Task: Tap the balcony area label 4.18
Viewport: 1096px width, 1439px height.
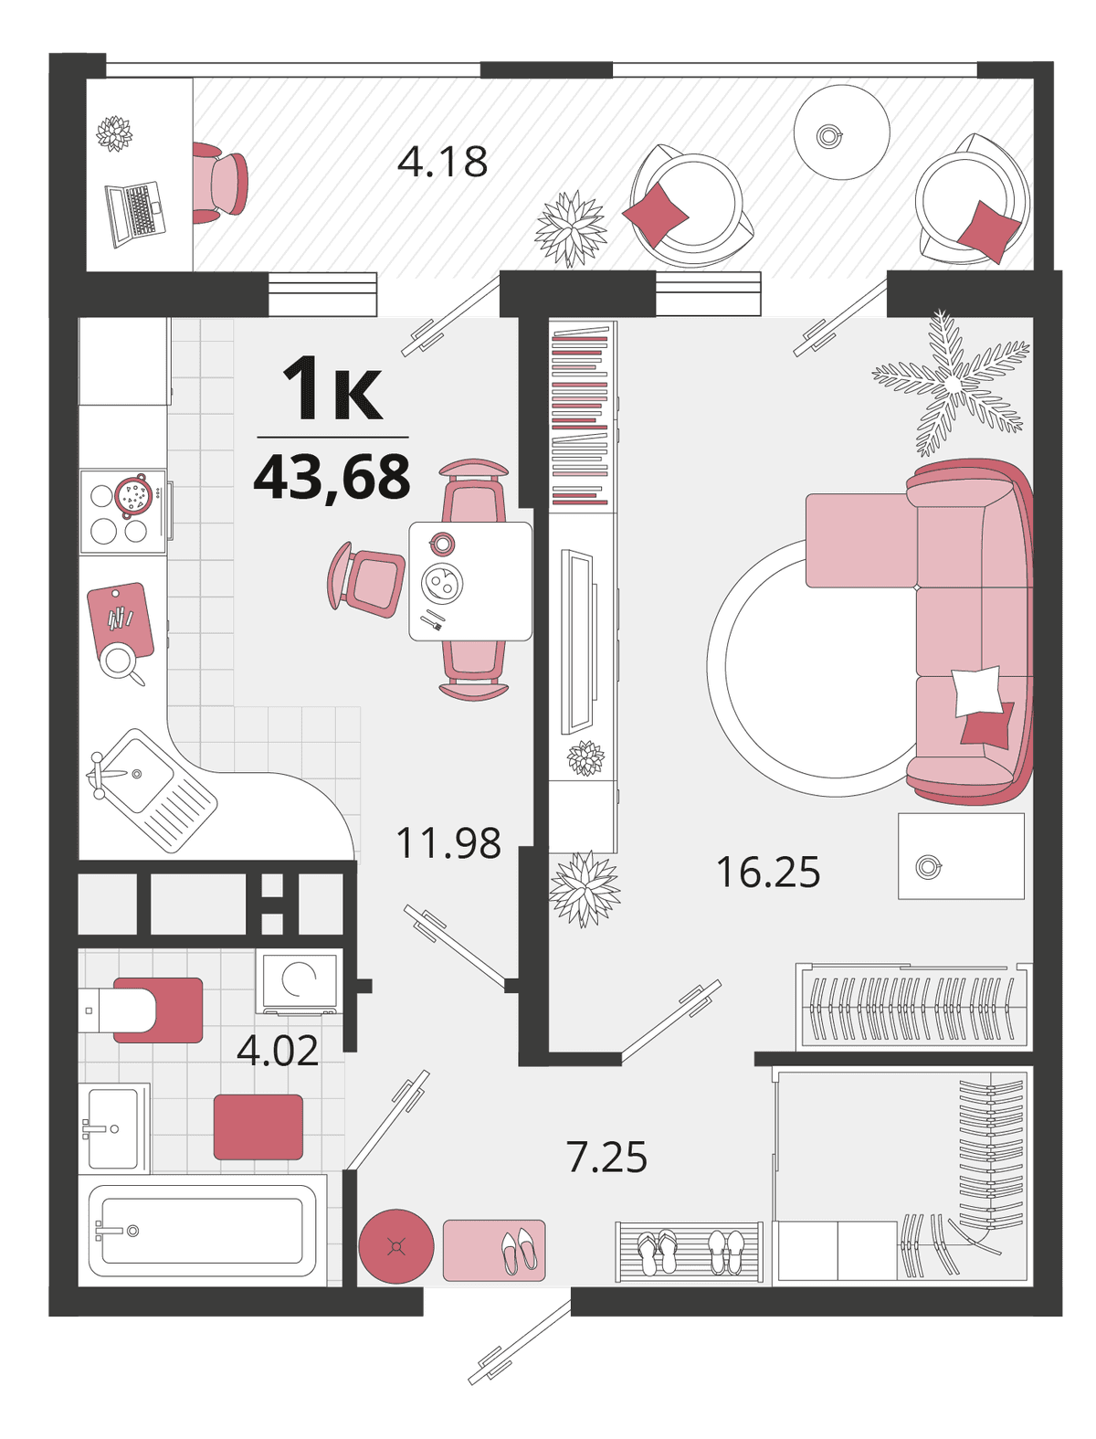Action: (x=443, y=162)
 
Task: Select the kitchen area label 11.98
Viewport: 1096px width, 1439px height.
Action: (x=448, y=843)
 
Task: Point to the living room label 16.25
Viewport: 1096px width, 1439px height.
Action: (x=768, y=872)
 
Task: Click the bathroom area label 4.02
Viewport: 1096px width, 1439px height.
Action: (x=277, y=1050)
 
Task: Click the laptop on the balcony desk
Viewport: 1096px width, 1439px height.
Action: (x=135, y=214)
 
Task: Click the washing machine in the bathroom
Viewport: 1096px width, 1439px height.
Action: (x=300, y=981)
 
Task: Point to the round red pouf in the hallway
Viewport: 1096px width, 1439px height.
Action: (x=396, y=1246)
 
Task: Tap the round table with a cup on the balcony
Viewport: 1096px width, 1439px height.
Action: (x=841, y=132)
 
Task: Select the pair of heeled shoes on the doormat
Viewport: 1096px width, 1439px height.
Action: (x=519, y=1252)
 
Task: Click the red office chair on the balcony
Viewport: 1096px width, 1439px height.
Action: (x=221, y=183)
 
